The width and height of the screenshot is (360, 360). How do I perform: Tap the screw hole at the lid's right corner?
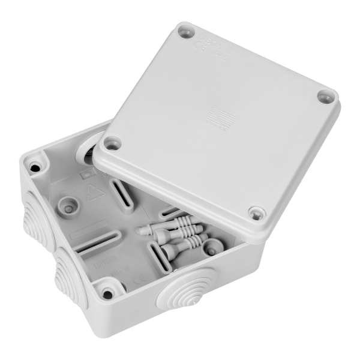[x=326, y=94]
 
